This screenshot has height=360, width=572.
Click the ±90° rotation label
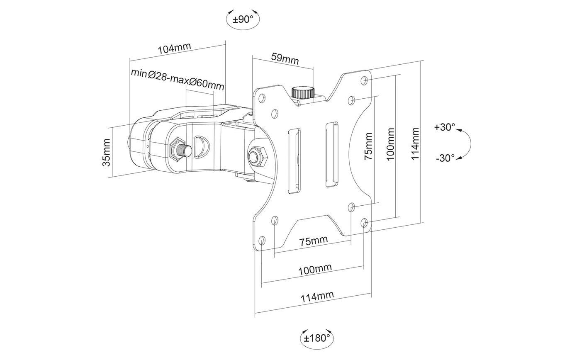[243, 19]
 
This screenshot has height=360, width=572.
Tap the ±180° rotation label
[317, 338]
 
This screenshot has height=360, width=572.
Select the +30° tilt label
[445, 127]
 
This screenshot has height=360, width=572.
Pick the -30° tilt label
[445, 158]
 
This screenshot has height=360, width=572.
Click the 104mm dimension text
[174, 49]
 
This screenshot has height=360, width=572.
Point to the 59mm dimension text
[285, 58]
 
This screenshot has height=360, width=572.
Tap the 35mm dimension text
[107, 153]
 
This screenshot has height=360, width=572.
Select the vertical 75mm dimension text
[368, 146]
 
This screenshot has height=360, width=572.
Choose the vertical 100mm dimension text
[391, 145]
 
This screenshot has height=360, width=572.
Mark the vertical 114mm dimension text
[416, 144]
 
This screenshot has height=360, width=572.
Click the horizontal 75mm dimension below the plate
[314, 241]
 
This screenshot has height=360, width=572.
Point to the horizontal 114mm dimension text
[317, 297]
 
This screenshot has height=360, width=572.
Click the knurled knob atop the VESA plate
[303, 92]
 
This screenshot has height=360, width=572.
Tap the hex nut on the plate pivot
[257, 157]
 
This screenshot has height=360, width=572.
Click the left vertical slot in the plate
[293, 161]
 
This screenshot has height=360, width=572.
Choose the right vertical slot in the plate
[331, 154]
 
